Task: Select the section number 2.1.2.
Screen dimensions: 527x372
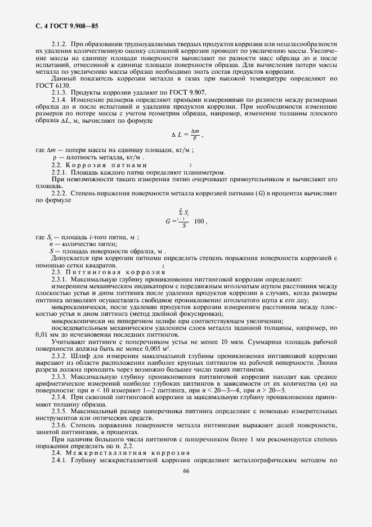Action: click(x=60, y=44)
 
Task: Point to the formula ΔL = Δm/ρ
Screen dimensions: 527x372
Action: click(x=185, y=135)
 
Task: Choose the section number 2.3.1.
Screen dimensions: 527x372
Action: click(x=60, y=279)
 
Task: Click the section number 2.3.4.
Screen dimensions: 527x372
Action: click(x=60, y=396)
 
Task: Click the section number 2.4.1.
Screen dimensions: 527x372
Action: click(x=60, y=460)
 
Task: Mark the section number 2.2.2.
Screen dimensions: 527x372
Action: click(x=60, y=193)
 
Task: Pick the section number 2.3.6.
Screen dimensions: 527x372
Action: click(x=60, y=425)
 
